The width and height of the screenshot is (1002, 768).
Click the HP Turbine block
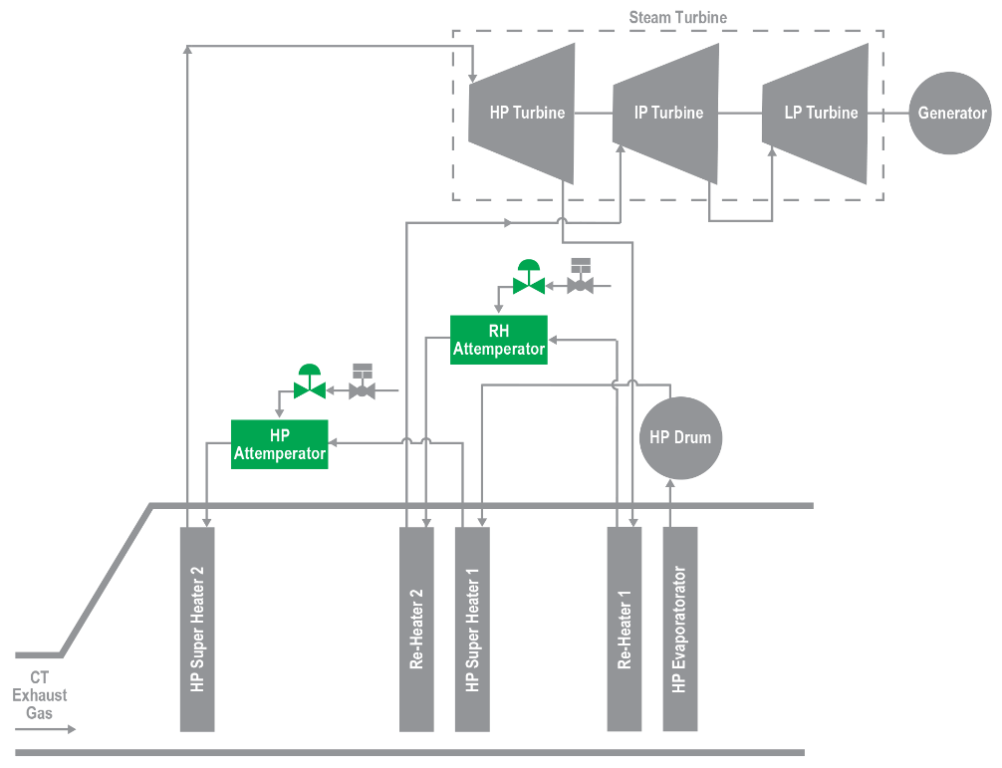point(522,114)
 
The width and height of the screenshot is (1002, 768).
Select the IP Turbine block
point(666,114)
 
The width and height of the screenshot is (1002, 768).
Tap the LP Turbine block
point(816,114)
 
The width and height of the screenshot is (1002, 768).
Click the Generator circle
point(950,114)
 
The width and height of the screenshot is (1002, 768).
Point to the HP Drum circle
point(680,437)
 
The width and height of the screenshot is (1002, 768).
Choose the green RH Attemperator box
point(498,340)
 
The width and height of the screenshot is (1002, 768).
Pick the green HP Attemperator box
point(279,444)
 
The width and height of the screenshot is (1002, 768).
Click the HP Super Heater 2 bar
point(197,630)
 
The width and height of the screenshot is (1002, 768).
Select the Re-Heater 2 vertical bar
point(416,630)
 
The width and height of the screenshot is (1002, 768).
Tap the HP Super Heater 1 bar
point(472,630)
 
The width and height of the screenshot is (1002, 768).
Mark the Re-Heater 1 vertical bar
point(625,630)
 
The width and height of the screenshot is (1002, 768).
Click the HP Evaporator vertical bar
point(680,630)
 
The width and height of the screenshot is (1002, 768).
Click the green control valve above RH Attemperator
point(529,277)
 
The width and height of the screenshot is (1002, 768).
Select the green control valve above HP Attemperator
point(310,383)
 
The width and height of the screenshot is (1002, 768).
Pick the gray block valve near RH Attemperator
point(581,277)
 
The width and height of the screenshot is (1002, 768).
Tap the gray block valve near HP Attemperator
point(363,382)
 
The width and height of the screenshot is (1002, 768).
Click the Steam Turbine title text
point(678,17)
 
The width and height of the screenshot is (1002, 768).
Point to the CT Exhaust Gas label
point(40,695)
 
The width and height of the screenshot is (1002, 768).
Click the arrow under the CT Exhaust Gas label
point(46,729)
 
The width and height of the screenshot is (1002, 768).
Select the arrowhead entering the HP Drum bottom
point(669,484)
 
